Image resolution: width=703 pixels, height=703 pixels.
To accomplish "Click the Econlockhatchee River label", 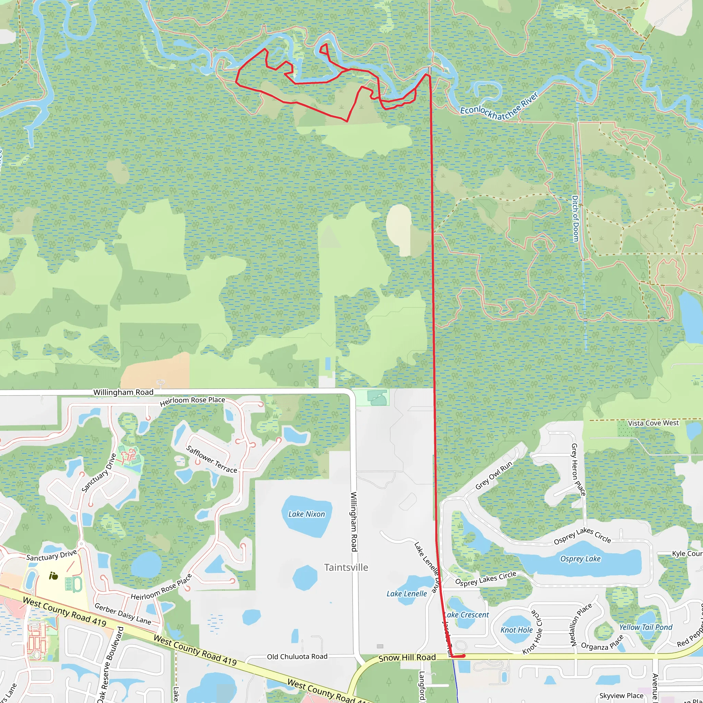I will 499,107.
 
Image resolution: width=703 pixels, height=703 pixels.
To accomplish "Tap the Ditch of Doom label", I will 575,219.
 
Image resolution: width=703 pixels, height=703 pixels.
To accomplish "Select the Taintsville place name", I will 346,567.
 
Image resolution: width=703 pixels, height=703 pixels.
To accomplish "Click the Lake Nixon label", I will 307,514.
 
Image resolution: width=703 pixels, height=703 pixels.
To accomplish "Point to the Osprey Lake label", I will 580,558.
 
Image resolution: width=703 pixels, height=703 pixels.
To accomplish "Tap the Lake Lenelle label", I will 406,593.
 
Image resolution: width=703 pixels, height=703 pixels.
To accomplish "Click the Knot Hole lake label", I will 516,630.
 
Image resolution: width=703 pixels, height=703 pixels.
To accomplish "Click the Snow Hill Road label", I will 407,658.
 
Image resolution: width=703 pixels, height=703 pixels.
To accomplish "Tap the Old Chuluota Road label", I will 297,656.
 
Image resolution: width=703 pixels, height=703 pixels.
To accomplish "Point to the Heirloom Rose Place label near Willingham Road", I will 193,401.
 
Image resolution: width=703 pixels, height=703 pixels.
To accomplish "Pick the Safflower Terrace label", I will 211,459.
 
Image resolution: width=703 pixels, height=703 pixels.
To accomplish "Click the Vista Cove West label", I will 653,423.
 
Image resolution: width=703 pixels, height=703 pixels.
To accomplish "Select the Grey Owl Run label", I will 494,475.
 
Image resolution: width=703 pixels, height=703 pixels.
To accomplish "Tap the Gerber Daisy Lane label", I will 123,613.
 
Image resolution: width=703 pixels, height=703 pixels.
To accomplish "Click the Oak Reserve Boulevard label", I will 111,664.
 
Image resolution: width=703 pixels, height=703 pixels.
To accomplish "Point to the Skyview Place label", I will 621,696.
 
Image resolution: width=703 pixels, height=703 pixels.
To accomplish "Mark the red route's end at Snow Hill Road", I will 463,656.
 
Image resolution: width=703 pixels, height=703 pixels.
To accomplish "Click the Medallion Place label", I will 581,624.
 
